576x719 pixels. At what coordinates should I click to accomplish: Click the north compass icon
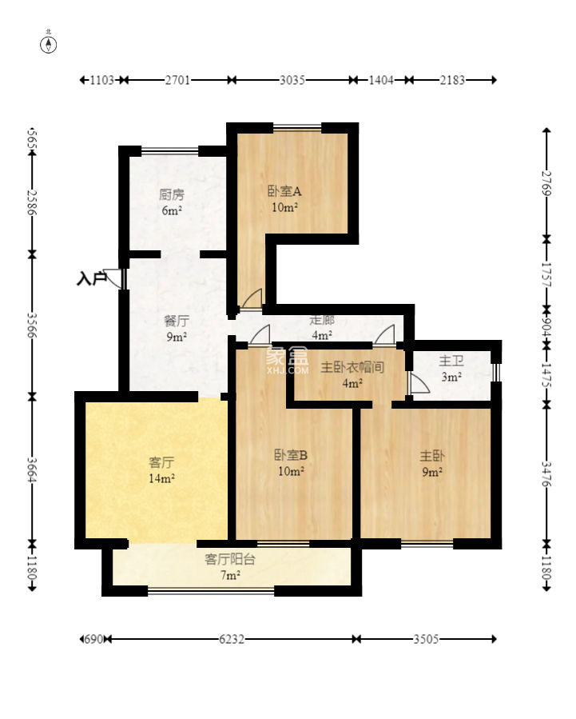click(x=49, y=45)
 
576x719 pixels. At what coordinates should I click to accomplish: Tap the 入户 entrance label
click(x=92, y=278)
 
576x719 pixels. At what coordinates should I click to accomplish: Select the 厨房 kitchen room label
click(x=172, y=195)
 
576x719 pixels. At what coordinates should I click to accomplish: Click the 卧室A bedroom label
click(x=284, y=191)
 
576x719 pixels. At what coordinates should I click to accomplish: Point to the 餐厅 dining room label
click(x=177, y=321)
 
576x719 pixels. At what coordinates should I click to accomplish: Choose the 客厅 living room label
click(x=161, y=461)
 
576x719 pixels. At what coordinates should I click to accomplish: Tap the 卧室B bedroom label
click(x=291, y=455)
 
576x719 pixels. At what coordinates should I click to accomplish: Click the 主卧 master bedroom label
click(x=431, y=456)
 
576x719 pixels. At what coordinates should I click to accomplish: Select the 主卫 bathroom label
click(x=451, y=361)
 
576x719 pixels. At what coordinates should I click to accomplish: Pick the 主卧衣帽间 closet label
click(x=352, y=367)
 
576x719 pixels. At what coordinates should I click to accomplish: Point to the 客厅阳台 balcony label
click(x=230, y=559)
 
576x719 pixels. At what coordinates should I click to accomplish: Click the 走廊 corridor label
click(x=322, y=320)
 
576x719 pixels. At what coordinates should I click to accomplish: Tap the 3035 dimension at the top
click(x=292, y=80)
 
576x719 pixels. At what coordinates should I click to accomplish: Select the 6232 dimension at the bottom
click(x=231, y=639)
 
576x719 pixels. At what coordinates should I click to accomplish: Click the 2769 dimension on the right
click(x=546, y=183)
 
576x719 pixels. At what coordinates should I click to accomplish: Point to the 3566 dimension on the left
click(x=32, y=325)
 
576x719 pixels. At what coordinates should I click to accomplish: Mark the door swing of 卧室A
click(x=252, y=299)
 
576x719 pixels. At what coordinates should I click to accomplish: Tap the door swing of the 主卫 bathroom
click(x=419, y=383)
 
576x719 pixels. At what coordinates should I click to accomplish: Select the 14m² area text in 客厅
click(x=161, y=478)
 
